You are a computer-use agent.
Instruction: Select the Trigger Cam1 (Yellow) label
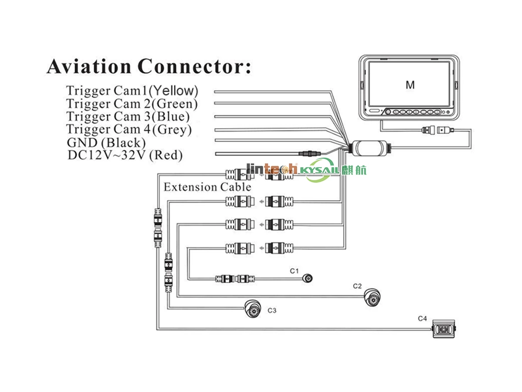coord(132,91)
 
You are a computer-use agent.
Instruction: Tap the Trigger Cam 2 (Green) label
coord(132,104)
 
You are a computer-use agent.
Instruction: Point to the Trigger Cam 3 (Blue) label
coord(128,117)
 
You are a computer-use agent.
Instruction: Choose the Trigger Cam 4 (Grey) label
coord(129,129)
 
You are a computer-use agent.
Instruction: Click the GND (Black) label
coord(106,142)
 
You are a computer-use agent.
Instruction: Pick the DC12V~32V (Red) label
coord(125,155)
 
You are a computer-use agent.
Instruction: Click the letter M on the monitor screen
coord(410,85)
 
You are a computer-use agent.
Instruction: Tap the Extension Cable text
coord(207,187)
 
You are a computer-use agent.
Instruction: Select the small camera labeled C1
coord(308,278)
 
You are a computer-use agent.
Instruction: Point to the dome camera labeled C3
coord(252,308)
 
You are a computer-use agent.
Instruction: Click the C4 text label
coord(422,318)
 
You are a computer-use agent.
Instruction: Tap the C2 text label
coord(357,286)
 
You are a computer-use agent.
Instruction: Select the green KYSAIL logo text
coord(319,170)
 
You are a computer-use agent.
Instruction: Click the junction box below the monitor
coord(369,148)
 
